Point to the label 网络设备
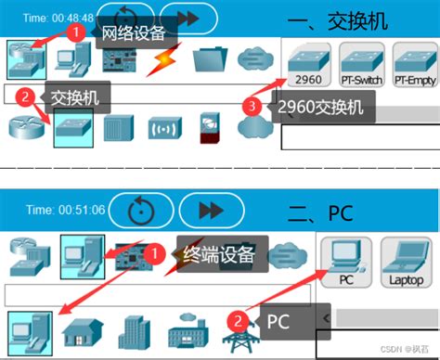pyautogui.click(x=132, y=32)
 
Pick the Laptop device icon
pyautogui.click(x=404, y=261)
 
